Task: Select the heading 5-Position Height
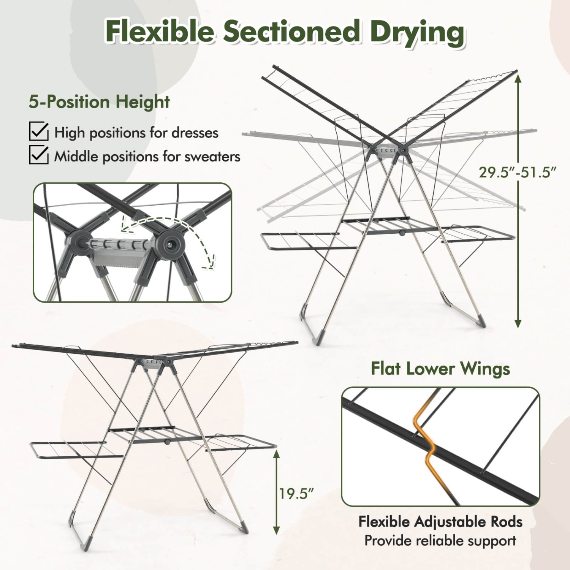[99, 102]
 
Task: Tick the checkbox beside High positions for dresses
[39, 131]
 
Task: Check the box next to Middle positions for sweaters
[39, 155]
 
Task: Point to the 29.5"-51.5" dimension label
[517, 172]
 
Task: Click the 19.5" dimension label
[297, 494]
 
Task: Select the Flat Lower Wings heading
[440, 369]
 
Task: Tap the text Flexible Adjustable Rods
[440, 522]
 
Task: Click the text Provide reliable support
[440, 540]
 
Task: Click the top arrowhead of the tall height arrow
[518, 78]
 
